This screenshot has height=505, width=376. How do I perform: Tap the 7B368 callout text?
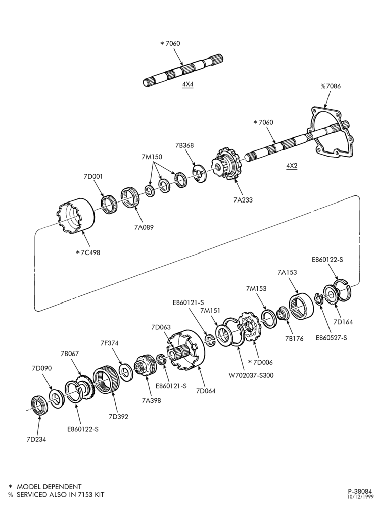point(184,145)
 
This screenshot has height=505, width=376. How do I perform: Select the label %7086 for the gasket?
point(330,86)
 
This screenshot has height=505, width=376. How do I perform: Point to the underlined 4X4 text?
point(187,84)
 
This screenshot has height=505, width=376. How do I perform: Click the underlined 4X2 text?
point(292,166)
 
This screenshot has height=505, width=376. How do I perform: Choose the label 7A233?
point(243,199)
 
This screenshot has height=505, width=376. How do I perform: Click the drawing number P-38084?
point(359,491)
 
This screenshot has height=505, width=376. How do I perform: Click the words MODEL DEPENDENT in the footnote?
point(49,487)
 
